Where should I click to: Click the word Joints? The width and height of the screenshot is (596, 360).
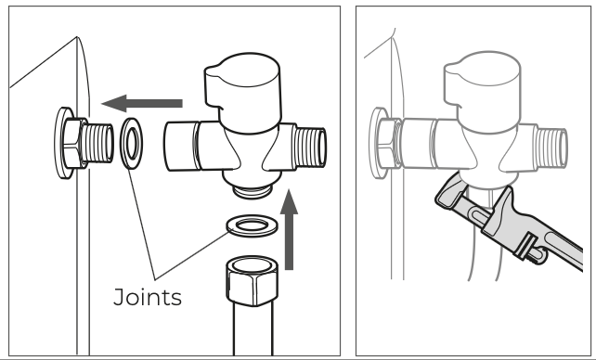[x=148, y=297]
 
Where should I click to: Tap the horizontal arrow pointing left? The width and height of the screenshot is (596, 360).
[x=142, y=103]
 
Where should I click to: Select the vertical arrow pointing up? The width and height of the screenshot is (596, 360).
[x=289, y=229]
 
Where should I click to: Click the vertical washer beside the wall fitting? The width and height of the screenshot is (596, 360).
[x=132, y=144]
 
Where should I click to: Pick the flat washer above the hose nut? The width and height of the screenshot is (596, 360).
[x=252, y=226]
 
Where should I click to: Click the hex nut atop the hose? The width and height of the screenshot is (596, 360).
[x=252, y=280]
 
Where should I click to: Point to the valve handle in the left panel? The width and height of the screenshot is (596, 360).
[x=243, y=93]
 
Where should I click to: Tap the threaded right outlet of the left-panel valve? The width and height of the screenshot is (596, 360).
[x=311, y=147]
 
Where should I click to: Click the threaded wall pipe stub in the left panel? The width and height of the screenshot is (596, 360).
[x=97, y=143]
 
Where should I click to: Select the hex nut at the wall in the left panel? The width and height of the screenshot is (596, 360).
[x=73, y=143]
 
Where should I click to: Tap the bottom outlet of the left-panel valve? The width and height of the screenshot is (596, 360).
[x=253, y=190]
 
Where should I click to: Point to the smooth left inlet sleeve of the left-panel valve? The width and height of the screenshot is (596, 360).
[x=182, y=147]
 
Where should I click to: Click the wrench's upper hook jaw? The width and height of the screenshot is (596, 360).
[x=447, y=193]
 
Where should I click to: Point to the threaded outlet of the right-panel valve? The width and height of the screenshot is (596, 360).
[x=551, y=148]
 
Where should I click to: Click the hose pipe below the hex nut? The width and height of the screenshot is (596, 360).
[x=253, y=328]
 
